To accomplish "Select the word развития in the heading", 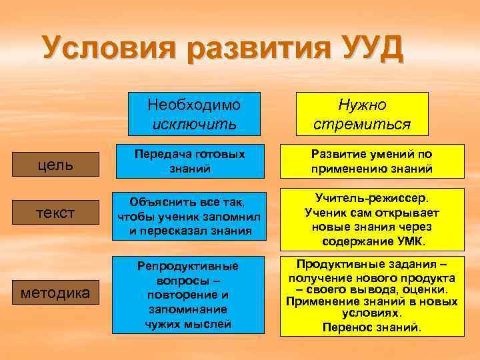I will (251, 49).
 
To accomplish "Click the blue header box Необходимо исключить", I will (194, 114).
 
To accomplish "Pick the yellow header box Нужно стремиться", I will (362, 114).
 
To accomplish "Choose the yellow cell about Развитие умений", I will (371, 161).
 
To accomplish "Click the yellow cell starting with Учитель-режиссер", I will (371, 219).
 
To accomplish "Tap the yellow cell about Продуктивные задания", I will (371, 295).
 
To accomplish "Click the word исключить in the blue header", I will (194, 124).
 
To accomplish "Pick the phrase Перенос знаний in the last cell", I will (371, 327).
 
